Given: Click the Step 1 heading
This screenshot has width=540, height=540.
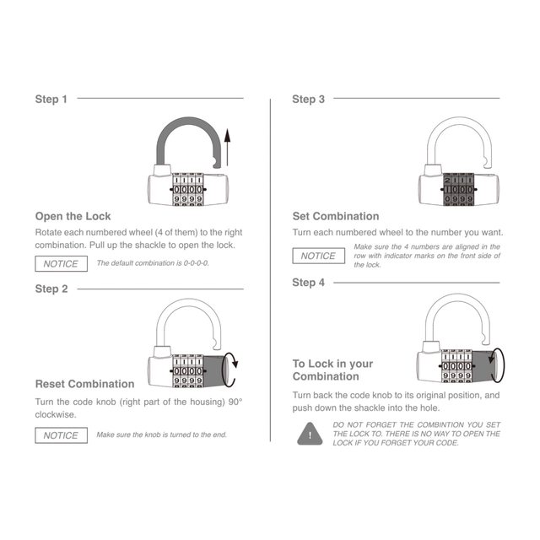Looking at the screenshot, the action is pyautogui.click(x=51, y=100).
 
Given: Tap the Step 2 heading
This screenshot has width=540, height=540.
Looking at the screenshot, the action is pyautogui.click(x=51, y=289).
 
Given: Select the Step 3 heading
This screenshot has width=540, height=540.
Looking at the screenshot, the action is pyautogui.click(x=308, y=100).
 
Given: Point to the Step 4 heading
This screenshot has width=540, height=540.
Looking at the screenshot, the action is pyautogui.click(x=308, y=283).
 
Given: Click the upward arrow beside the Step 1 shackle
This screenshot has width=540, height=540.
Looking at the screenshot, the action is pyautogui.click(x=227, y=148).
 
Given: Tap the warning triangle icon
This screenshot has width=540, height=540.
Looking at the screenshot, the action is pyautogui.click(x=310, y=434).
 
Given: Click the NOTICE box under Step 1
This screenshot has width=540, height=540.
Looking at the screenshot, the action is pyautogui.click(x=61, y=264).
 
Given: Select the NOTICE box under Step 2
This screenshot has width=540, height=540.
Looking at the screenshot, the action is pyautogui.click(x=61, y=435).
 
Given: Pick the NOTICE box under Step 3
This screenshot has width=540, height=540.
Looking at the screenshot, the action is pyautogui.click(x=319, y=256).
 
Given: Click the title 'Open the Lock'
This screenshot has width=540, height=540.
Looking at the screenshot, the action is pyautogui.click(x=73, y=216).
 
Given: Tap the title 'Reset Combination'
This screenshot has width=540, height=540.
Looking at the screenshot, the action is pyautogui.click(x=84, y=384).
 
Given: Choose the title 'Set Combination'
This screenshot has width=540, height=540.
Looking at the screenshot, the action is pyautogui.click(x=336, y=216).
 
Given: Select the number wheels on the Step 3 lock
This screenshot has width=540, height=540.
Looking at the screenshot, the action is pyautogui.click(x=459, y=189).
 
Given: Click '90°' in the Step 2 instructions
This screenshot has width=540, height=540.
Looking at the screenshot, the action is pyautogui.click(x=235, y=402).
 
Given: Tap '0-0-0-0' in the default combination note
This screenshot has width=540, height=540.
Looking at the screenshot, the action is pyautogui.click(x=196, y=263).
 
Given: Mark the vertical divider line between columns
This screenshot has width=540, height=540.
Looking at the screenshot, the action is pyautogui.click(x=270, y=270).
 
